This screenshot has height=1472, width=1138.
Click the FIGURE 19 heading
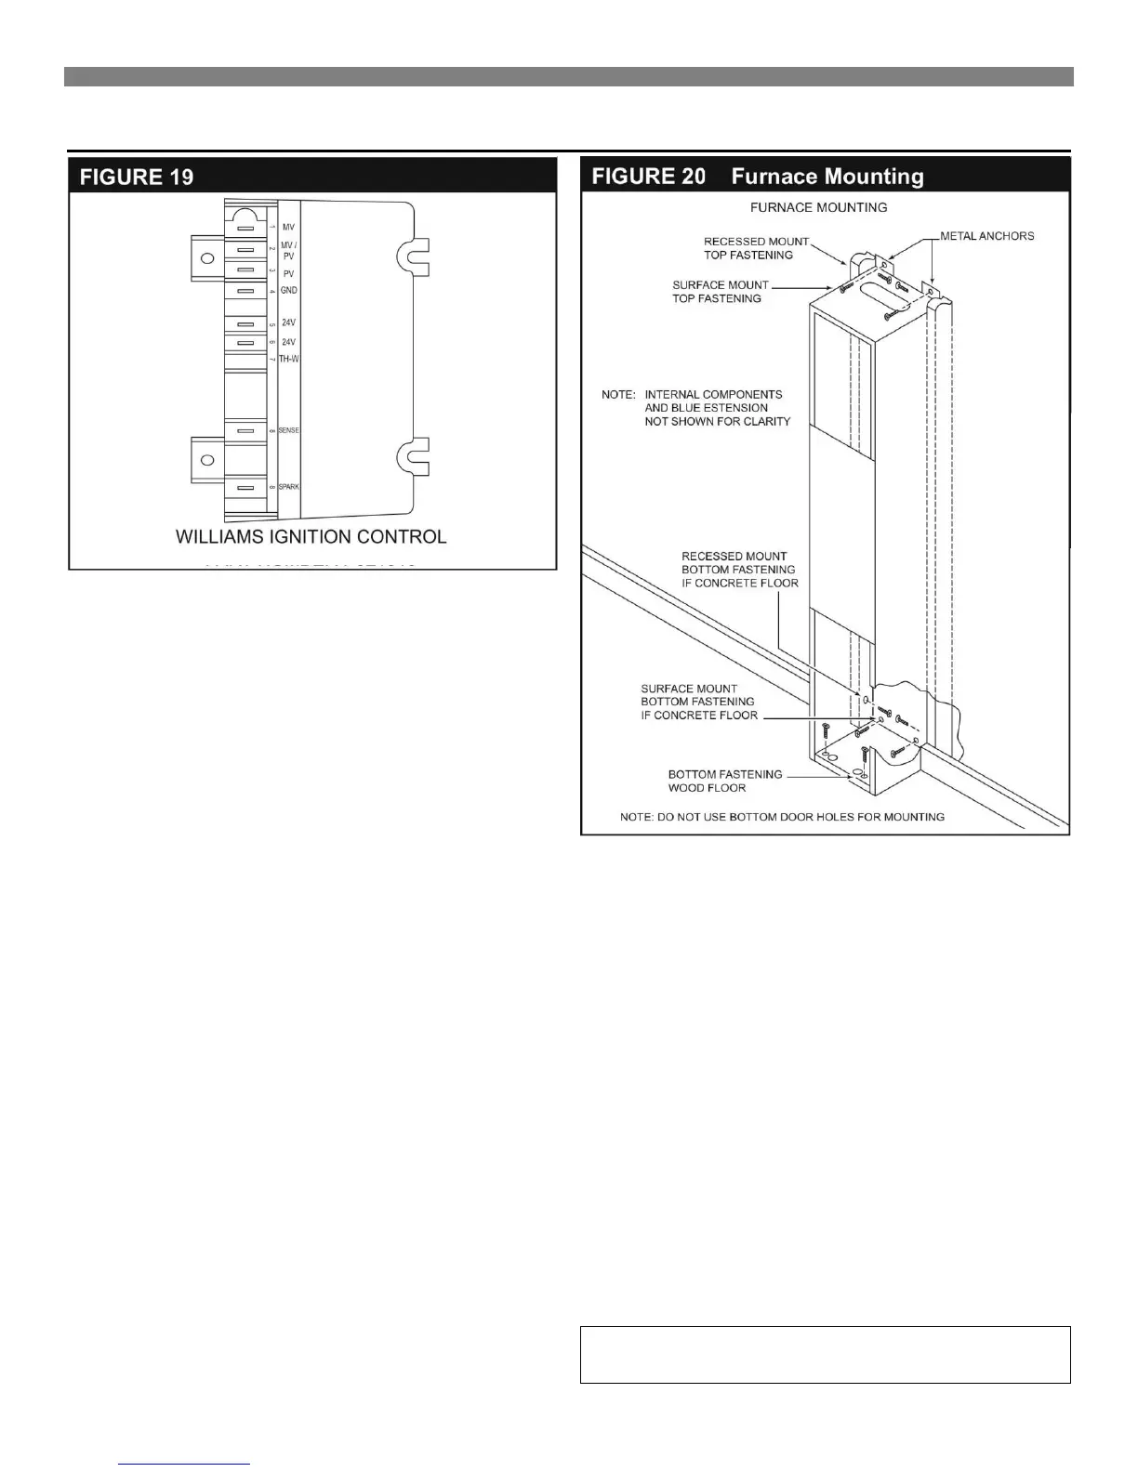pos(137,177)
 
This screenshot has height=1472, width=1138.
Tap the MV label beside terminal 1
pos(288,227)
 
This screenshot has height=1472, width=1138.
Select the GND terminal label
pos(288,291)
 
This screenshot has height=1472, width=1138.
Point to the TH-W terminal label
pos(288,359)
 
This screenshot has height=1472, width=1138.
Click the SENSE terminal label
pos(288,430)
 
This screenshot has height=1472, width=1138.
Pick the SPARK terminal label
pos(288,487)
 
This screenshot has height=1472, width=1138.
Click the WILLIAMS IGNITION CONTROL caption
pos(311,537)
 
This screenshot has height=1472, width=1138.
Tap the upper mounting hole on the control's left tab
pos(207,257)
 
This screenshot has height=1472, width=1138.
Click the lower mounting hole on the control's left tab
pos(207,460)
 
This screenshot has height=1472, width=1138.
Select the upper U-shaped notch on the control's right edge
pos(411,257)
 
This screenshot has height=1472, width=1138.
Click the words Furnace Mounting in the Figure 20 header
pos(827,177)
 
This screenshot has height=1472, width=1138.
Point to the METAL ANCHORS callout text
pos(986,236)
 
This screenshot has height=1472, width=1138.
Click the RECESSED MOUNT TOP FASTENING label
pos(755,248)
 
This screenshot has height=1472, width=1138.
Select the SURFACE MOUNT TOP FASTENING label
pos(720,292)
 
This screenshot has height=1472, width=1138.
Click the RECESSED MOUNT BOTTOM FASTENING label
pos(739,570)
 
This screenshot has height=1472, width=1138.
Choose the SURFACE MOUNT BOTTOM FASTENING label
pos(698,703)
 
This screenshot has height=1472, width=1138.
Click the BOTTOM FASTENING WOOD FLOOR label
pos(724,781)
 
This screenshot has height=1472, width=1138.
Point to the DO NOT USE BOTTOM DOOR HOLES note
pos(782,817)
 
